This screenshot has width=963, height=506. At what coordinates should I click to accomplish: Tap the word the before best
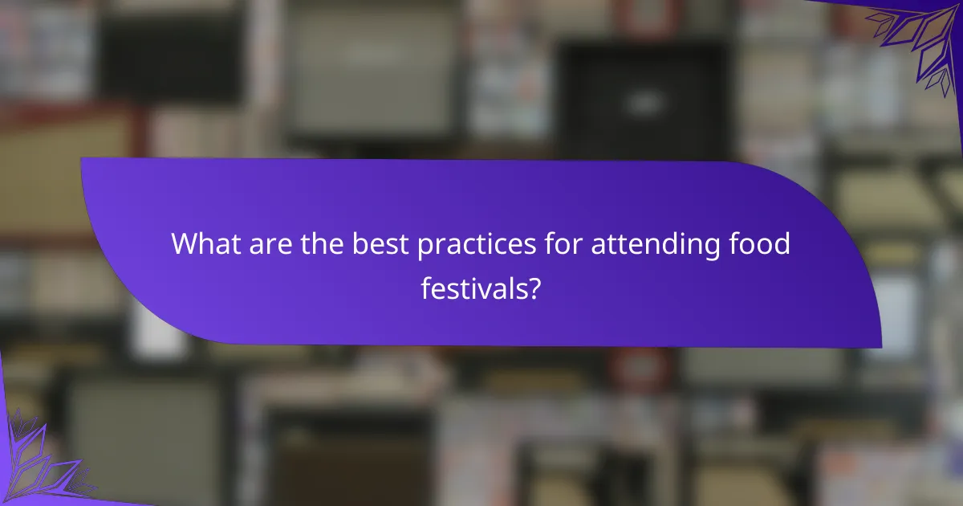327,244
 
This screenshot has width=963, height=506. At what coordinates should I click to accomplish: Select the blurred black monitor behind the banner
642,96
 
